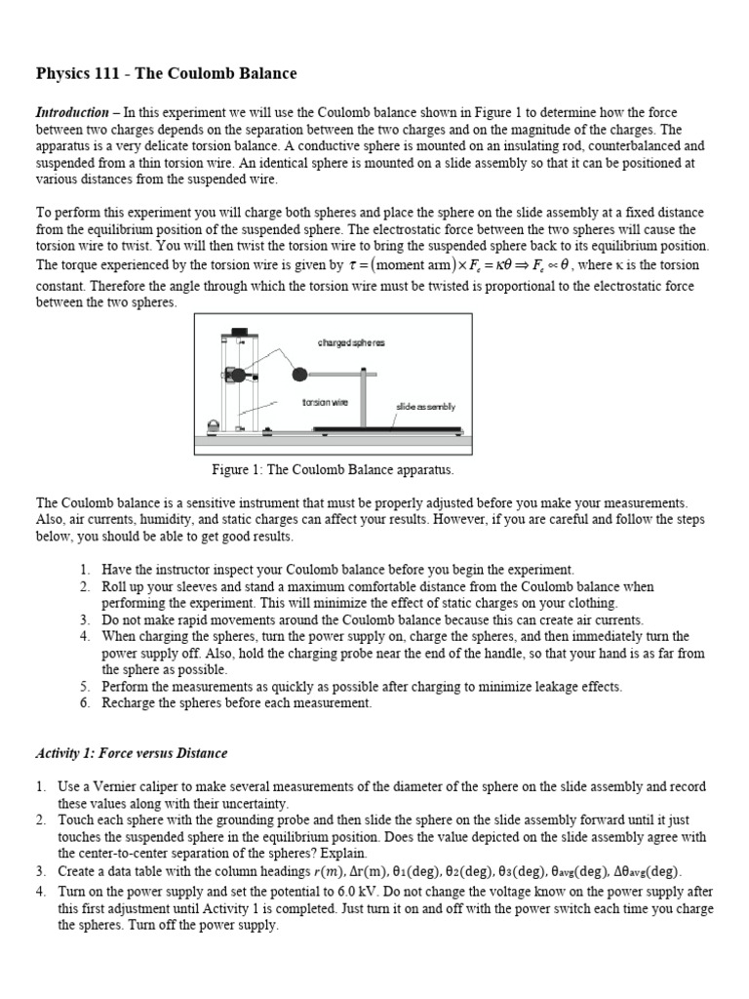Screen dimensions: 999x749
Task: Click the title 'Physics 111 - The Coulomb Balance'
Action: click(x=166, y=73)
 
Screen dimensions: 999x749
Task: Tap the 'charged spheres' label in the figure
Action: click(x=351, y=342)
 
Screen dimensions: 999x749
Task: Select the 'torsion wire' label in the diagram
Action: click(x=322, y=402)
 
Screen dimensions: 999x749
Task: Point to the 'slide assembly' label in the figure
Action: click(x=426, y=406)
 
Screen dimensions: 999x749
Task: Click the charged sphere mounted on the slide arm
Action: click(x=298, y=374)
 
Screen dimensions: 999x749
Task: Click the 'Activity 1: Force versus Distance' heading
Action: click(x=132, y=753)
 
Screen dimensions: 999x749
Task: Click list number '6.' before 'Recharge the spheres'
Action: click(x=86, y=703)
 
